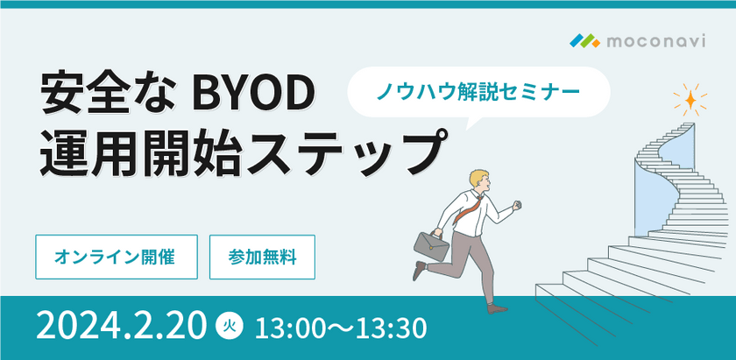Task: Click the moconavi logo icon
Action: [x=584, y=40]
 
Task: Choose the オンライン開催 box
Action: [x=117, y=258]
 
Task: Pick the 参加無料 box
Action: [x=262, y=258]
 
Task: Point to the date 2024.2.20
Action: [x=122, y=327]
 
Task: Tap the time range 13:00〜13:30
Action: [x=340, y=328]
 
